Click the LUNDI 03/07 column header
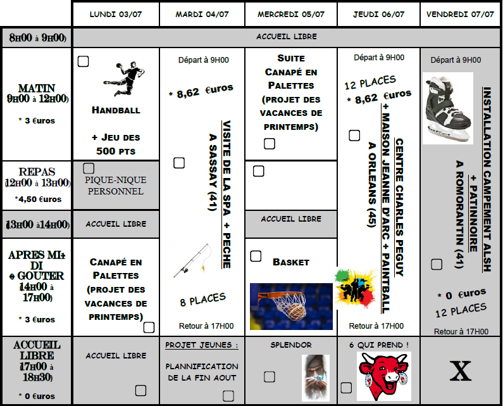pos(116,14)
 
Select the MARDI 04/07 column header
pos(202,14)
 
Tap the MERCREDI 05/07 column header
pos(291,14)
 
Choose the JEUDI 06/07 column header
pos(378,14)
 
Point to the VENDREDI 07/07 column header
pos(460,14)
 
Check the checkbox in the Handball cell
pos(83,61)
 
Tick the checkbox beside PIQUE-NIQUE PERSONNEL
pos(89,168)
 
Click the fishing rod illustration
pos(192,261)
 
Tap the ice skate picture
pos(447,108)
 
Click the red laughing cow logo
pos(383,376)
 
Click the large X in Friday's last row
pos(460,372)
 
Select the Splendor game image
pos(315,377)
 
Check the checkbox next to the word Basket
pos(256,257)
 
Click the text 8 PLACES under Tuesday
pos(202,299)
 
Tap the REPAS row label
pos(37,172)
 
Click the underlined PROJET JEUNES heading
pos(202,345)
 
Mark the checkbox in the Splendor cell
pos(270,377)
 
